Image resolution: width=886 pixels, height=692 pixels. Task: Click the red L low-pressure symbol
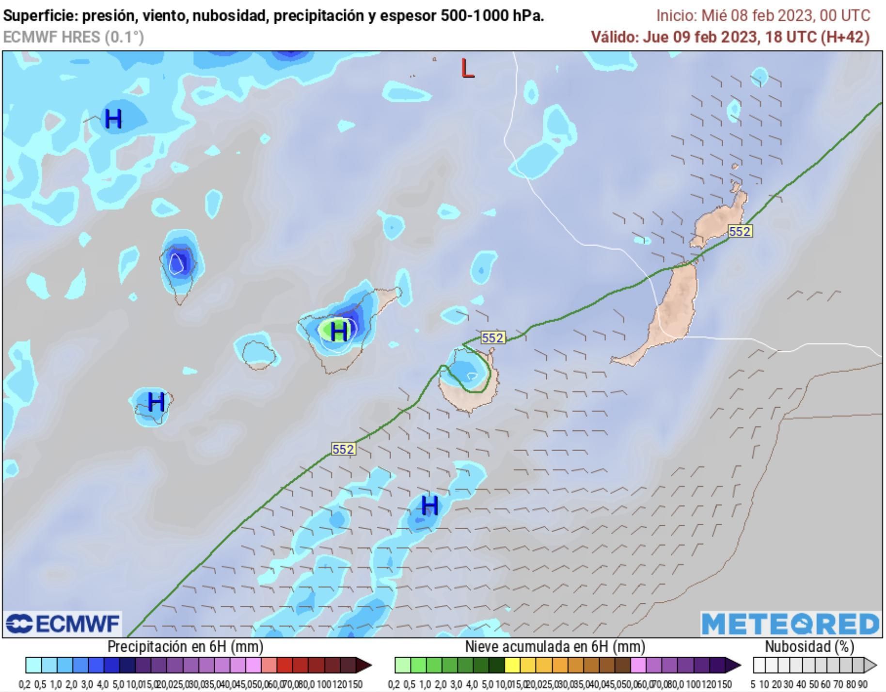coord(467,69)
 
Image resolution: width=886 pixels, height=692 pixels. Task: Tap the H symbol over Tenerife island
coord(339,331)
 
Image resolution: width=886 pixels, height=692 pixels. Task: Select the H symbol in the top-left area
coord(113,119)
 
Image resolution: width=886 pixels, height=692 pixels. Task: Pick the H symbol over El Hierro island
coord(156,402)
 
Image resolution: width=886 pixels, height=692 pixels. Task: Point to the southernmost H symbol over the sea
coord(429,506)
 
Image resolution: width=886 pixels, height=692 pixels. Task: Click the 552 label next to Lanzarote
coord(740,232)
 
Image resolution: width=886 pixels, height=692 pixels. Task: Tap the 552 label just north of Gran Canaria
coord(492,338)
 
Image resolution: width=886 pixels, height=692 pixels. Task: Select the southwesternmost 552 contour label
coord(343,449)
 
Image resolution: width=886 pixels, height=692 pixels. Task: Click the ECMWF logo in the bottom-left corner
coord(63,624)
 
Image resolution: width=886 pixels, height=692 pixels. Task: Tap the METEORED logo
coord(790,624)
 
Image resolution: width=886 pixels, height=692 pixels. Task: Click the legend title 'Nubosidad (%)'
coord(809,646)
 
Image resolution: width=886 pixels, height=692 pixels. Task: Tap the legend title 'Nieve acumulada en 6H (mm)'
coord(555,646)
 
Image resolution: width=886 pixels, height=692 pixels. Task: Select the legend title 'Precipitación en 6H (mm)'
coord(185,646)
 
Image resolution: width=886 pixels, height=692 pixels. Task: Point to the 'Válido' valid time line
coord(730,37)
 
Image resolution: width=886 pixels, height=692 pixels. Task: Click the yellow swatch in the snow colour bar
coord(512,665)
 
